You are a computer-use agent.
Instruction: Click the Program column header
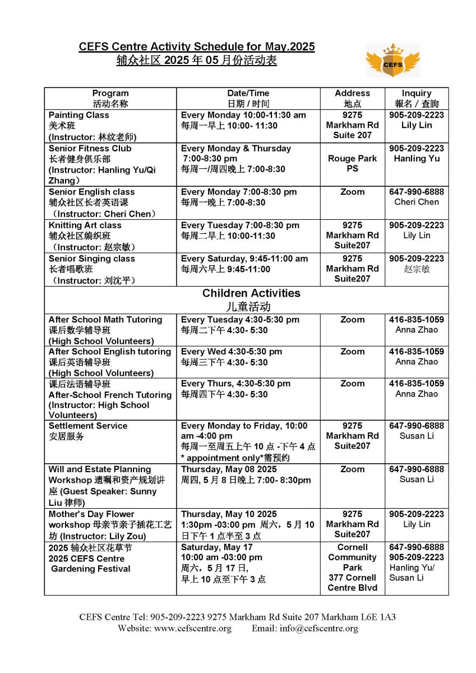(x=110, y=93)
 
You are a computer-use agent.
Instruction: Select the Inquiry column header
(x=417, y=93)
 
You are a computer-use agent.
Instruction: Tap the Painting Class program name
(x=79, y=115)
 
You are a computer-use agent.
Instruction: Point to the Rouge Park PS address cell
(x=352, y=164)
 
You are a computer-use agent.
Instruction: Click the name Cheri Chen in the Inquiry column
(x=417, y=202)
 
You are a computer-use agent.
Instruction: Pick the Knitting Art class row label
(x=85, y=225)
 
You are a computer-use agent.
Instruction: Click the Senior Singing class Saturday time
(x=244, y=259)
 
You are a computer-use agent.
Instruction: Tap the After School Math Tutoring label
(x=105, y=320)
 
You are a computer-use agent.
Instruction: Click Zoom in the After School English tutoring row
(x=352, y=352)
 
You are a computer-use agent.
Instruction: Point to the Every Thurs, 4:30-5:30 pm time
(x=235, y=384)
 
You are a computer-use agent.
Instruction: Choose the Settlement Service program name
(x=88, y=426)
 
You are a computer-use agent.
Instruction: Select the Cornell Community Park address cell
(x=352, y=567)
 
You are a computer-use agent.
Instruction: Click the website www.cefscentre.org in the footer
(x=192, y=628)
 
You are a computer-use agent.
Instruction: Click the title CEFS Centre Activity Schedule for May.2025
(x=197, y=47)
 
